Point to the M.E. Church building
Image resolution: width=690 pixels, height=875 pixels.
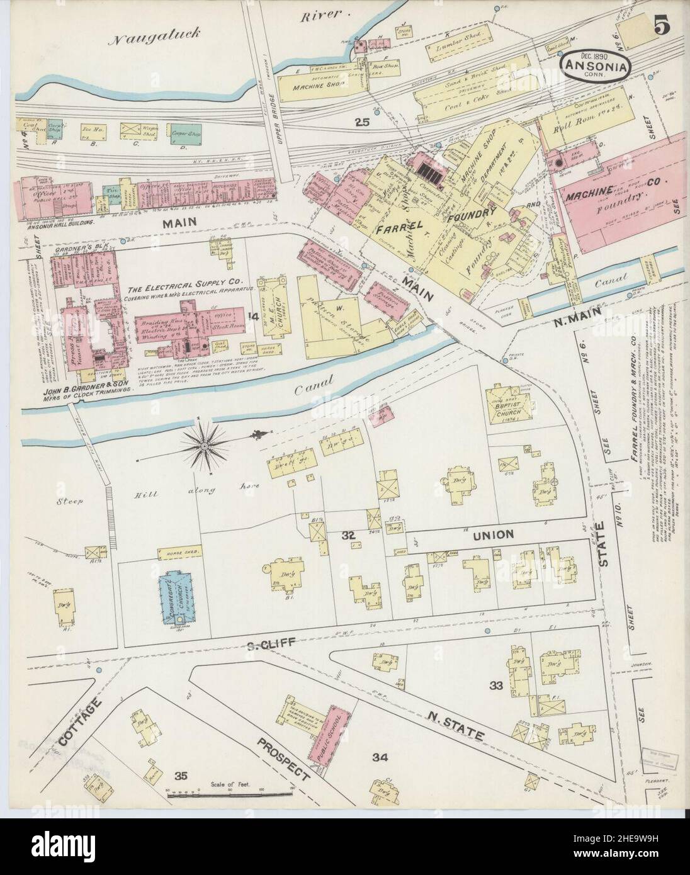click(x=276, y=305)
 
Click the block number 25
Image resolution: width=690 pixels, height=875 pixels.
click(x=362, y=122)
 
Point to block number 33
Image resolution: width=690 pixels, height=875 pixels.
click(x=496, y=686)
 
